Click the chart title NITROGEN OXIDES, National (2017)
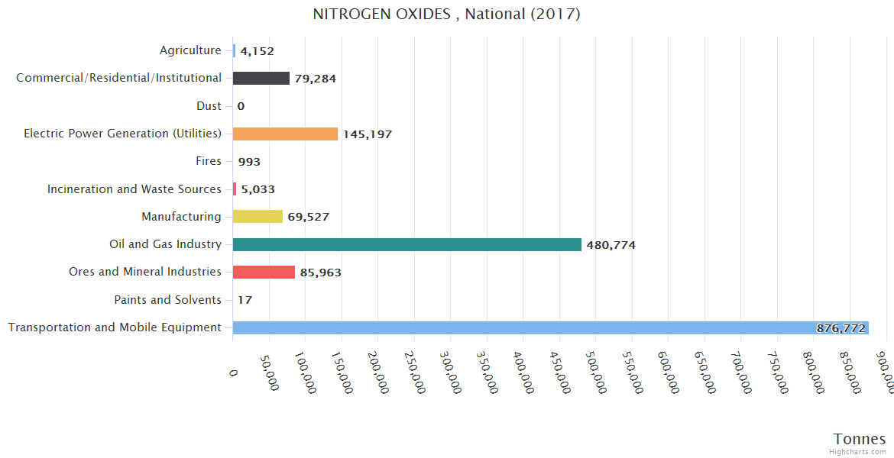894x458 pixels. point(447,15)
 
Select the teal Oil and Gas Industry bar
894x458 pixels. point(407,244)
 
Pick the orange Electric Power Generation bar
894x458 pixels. point(285,134)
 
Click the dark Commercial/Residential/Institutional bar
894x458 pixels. point(261,78)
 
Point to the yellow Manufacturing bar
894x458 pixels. point(258,217)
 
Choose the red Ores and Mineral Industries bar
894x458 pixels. point(264,272)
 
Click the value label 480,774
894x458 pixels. point(611,245)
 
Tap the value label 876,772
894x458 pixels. point(841,328)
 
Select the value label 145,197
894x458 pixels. point(368,134)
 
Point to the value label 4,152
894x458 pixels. point(257,51)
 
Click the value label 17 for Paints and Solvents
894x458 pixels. point(245,300)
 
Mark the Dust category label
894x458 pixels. point(209,106)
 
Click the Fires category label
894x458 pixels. point(209,161)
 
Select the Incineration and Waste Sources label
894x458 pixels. point(134,189)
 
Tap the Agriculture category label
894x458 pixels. point(190,50)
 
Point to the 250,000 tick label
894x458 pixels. point(413,373)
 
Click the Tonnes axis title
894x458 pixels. point(860,439)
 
